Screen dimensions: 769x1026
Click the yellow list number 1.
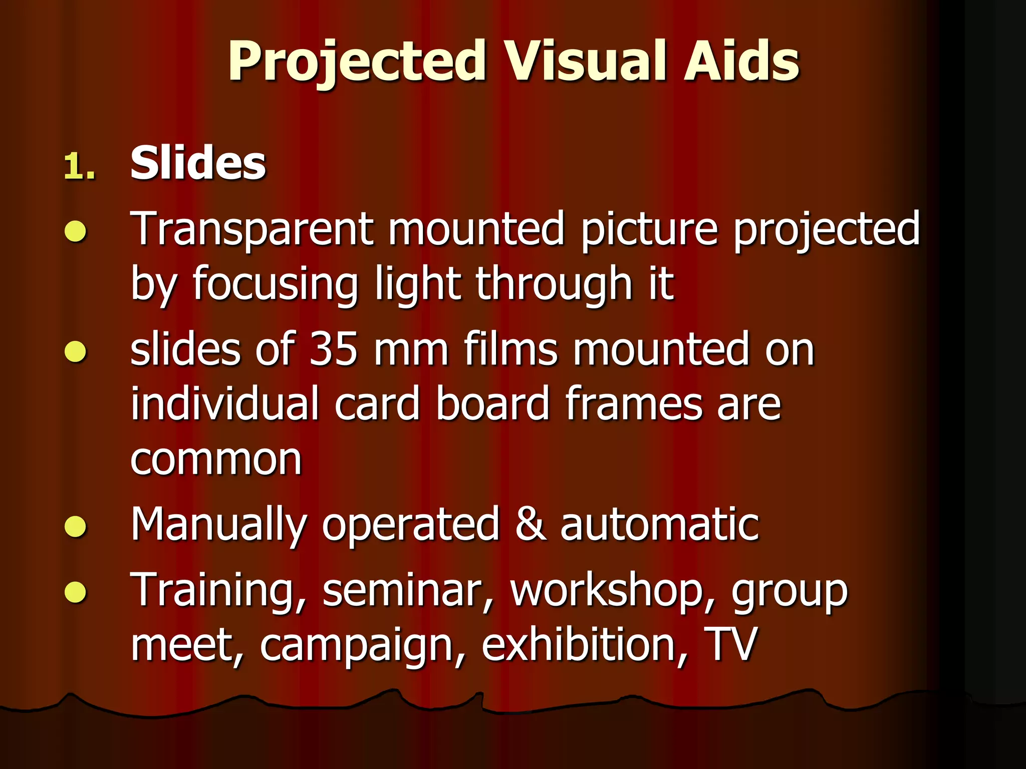pos(79,166)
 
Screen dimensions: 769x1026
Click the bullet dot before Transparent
pos(76,232)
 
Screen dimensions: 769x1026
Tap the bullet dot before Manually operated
pos(76,526)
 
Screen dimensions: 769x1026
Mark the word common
pos(216,459)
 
